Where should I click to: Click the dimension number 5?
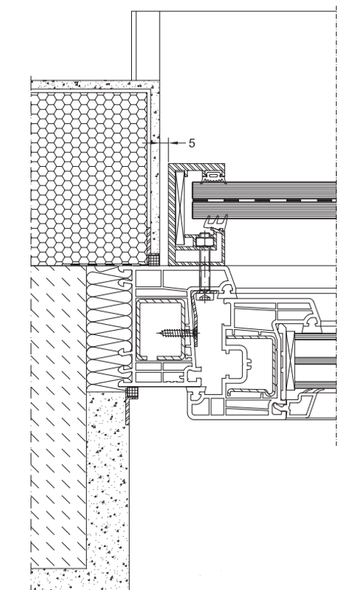pyautogui.click(x=192, y=143)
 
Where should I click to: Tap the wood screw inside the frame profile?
pyautogui.click(x=178, y=333)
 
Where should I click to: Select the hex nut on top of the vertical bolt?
pyautogui.click(x=204, y=240)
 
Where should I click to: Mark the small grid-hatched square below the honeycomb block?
pyautogui.click(x=153, y=259)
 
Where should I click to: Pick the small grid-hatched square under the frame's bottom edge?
pyautogui.click(x=131, y=392)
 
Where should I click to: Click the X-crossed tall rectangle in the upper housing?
pyautogui.click(x=180, y=207)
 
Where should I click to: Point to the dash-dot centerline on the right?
pyautogui.click(x=336, y=226)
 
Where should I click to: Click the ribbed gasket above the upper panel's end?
pyautogui.click(x=213, y=177)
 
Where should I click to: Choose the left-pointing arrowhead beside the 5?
pyautogui.click(x=173, y=143)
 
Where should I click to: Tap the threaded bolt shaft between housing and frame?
pyautogui.click(x=204, y=268)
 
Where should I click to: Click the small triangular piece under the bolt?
pyautogui.click(x=205, y=298)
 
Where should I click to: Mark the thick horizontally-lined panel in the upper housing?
pyautogui.click(x=264, y=200)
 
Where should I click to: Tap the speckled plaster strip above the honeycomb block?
pyautogui.click(x=94, y=84)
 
